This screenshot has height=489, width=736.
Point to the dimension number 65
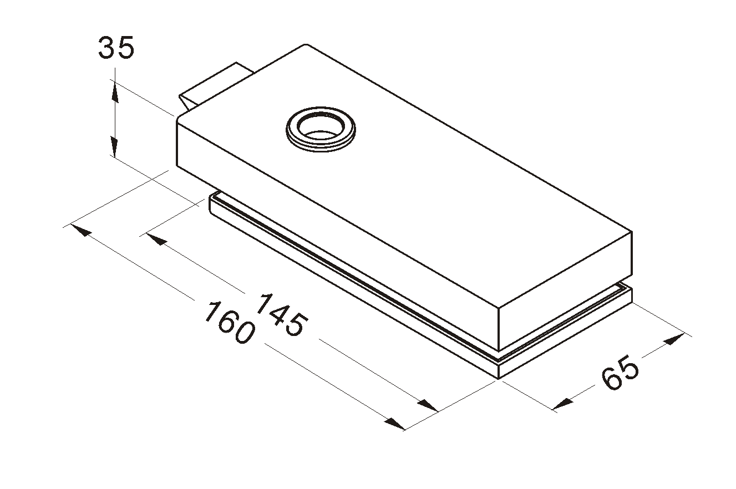(620, 373)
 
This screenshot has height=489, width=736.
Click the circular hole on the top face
(321, 129)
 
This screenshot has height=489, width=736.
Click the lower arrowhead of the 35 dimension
(114, 147)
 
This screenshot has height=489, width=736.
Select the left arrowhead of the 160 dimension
(81, 230)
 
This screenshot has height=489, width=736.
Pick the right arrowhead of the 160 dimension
(394, 424)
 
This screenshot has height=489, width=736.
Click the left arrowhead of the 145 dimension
(157, 239)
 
